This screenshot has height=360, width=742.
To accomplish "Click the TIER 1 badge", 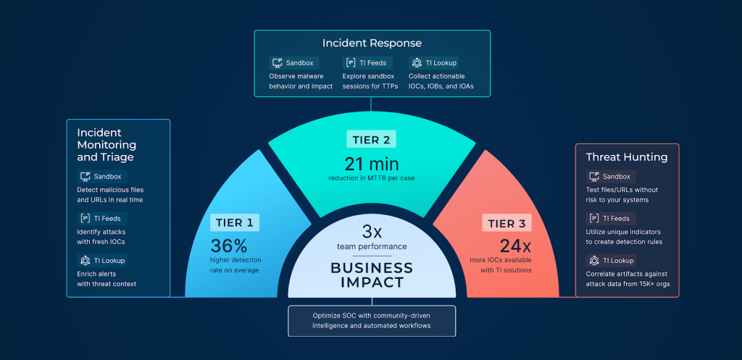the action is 235,222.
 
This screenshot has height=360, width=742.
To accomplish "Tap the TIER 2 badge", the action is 372,139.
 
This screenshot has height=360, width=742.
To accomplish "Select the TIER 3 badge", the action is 507,222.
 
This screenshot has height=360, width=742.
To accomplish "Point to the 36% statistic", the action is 229,246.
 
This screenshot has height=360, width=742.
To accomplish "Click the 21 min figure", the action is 372,164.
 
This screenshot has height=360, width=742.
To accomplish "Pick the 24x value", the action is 516,246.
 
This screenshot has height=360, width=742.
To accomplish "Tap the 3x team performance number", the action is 372,232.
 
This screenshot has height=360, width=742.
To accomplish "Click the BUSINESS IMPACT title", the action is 372,275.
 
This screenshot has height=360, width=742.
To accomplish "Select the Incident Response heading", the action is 372,43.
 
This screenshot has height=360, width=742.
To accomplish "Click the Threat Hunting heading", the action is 627,157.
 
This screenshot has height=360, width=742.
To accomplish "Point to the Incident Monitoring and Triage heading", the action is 107,145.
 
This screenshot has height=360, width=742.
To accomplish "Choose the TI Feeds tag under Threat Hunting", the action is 611,219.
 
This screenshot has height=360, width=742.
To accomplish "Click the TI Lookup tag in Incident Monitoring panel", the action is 102,260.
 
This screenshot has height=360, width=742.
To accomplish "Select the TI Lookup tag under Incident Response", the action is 434,63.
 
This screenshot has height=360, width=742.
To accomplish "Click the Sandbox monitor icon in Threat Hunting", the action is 594,177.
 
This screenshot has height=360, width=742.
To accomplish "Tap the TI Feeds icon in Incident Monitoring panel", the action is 86,219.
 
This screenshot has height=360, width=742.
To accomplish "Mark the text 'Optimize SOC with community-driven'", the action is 372,316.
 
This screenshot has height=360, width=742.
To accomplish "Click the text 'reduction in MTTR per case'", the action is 372,178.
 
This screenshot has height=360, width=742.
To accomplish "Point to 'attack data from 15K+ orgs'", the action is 628,284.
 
